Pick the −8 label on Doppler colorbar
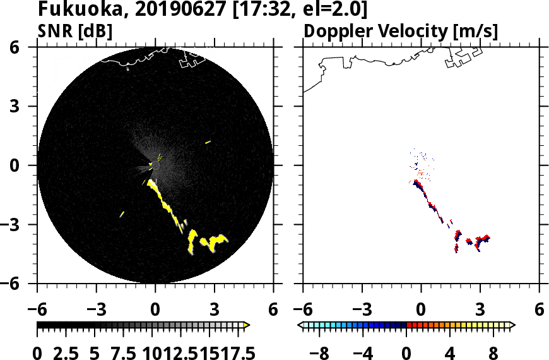(321, 352)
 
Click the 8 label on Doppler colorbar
(493, 352)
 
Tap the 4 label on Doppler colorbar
(450, 352)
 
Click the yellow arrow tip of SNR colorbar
(247, 325)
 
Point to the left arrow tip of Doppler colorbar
(301, 325)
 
